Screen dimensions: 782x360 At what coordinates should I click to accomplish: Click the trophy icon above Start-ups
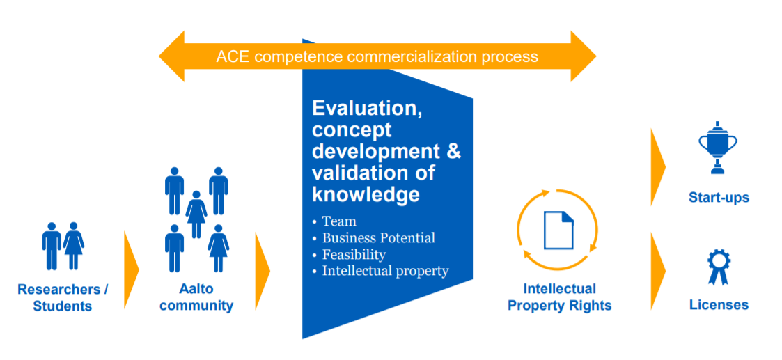(718, 147)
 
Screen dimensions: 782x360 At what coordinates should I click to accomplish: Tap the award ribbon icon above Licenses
(718, 267)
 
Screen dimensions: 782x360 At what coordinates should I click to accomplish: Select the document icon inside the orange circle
(558, 230)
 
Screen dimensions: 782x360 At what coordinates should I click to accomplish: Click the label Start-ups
(719, 198)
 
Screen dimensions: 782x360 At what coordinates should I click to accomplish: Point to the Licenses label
(719, 304)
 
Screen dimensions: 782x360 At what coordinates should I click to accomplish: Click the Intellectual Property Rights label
(560, 297)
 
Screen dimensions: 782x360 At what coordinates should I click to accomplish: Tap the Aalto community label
(196, 297)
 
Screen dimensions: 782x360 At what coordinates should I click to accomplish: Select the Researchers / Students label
(63, 297)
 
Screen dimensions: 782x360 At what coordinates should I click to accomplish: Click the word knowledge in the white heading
(366, 194)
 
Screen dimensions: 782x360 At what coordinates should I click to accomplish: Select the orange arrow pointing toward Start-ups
(658, 167)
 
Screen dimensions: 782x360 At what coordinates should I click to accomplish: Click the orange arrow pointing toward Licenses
(658, 272)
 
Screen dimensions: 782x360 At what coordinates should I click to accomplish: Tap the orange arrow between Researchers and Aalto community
(132, 269)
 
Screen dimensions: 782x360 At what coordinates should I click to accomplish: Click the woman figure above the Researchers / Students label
(74, 246)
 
